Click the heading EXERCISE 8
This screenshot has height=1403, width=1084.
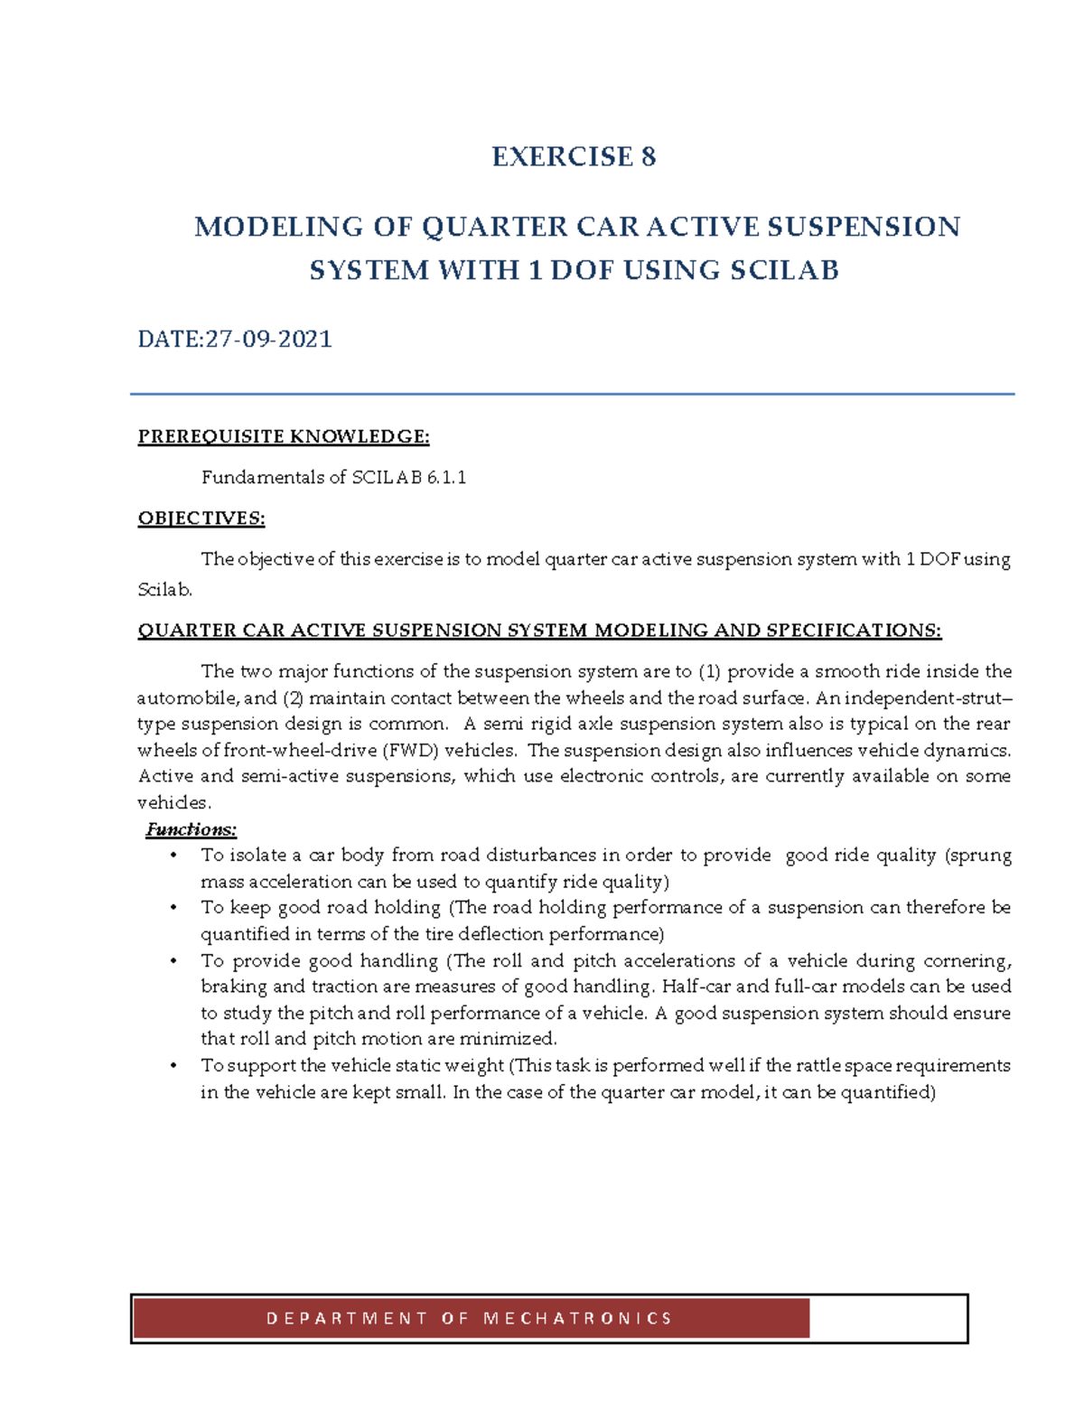[574, 157]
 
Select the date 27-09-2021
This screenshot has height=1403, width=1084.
[268, 340]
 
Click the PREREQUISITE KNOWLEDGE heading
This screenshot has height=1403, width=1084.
[283, 437]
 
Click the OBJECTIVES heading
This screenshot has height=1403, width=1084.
[201, 519]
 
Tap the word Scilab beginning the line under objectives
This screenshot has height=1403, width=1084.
[164, 590]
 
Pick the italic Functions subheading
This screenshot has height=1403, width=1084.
[192, 829]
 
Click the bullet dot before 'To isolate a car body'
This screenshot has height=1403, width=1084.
[173, 856]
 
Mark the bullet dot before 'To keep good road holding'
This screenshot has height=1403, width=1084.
[173, 908]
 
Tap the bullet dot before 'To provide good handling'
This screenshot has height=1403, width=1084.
[173, 961]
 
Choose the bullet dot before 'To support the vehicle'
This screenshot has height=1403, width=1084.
[173, 1066]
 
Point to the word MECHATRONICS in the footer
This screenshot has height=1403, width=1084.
[578, 1319]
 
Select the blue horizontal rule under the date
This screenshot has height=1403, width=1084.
[572, 394]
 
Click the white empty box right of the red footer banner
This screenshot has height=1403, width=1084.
[887, 1319]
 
